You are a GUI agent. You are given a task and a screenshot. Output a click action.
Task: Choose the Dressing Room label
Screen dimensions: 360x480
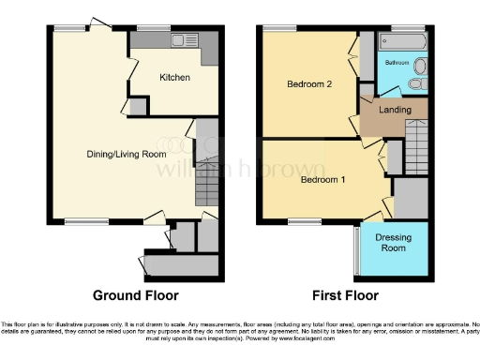point(394,244)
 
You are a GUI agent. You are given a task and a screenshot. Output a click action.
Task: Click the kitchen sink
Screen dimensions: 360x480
point(180,41)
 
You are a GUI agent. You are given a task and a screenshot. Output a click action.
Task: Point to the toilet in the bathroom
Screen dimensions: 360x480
point(419,67)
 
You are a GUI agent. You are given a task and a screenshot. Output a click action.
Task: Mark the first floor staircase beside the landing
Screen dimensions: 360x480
point(416,149)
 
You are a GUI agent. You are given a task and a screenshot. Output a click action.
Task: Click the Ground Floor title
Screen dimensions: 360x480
point(135,295)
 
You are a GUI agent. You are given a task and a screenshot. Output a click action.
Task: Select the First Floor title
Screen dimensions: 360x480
point(341,295)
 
